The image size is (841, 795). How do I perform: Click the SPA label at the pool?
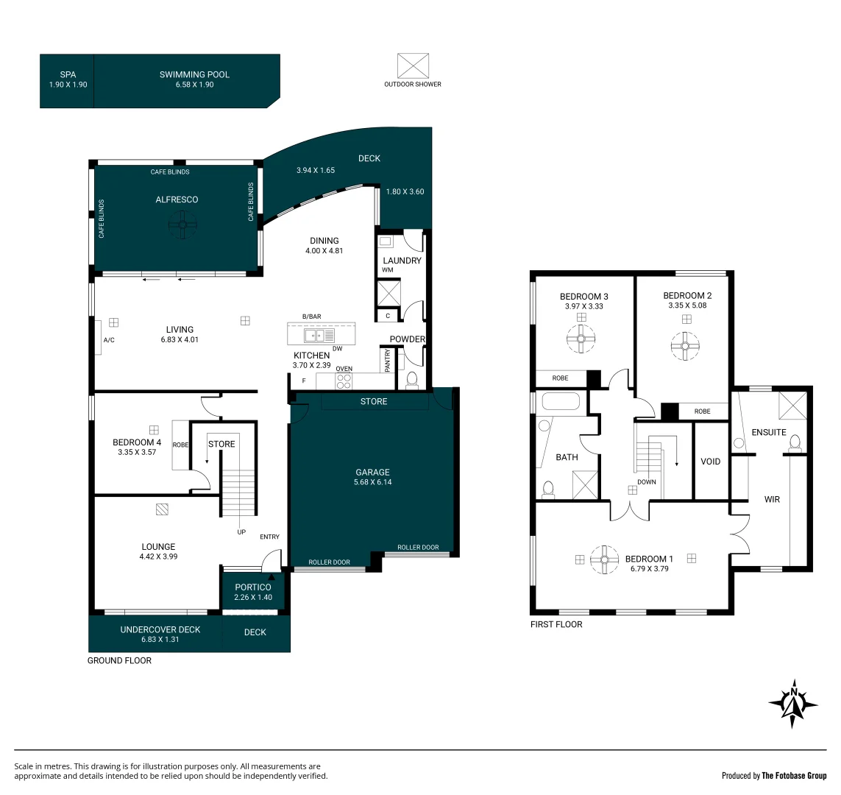click(67, 74)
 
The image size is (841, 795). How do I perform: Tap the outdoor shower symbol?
click(412, 66)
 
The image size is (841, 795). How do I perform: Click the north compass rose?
click(793, 703)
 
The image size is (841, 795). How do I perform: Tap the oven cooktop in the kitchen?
click(344, 381)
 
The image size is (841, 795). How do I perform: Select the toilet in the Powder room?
click(412, 380)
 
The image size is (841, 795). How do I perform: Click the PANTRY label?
click(388, 360)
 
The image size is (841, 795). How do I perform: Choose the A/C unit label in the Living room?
click(109, 340)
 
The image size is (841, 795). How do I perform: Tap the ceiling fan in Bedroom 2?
click(685, 345)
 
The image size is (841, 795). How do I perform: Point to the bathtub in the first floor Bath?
click(561, 402)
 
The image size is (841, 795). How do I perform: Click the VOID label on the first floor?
click(710, 462)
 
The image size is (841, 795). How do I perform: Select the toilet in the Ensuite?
click(794, 442)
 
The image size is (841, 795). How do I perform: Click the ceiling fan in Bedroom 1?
click(604, 559)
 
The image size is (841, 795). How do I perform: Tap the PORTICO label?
click(253, 587)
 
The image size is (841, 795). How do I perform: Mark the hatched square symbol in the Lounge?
click(163, 508)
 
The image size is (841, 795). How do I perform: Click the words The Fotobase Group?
click(794, 775)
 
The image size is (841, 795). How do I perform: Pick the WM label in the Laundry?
click(387, 270)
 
